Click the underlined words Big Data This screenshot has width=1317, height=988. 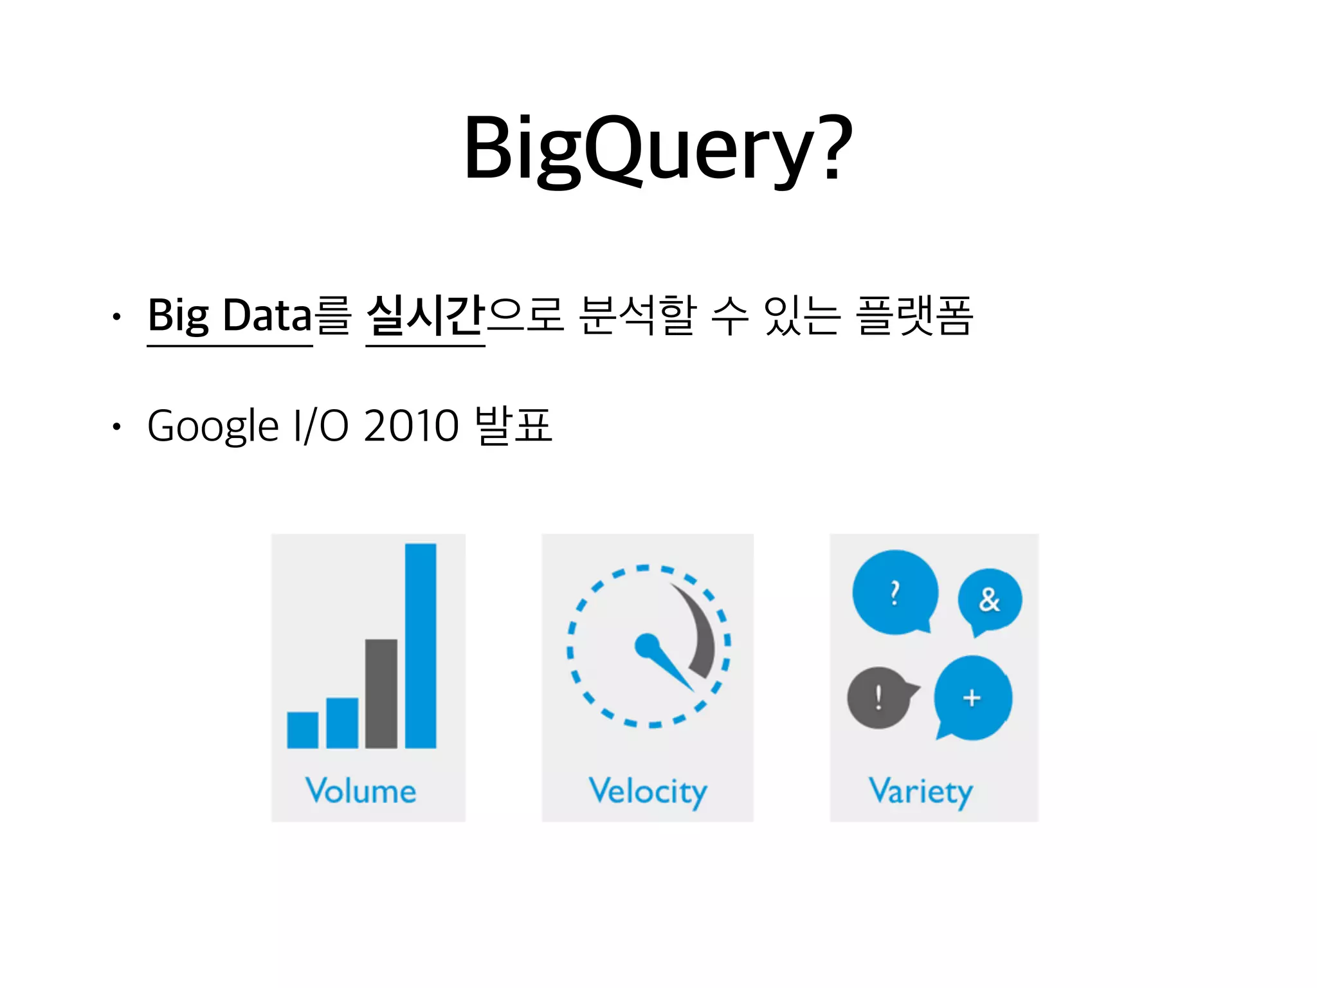coord(230,316)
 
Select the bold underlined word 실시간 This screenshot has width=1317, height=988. coord(424,316)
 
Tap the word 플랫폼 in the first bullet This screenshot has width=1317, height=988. coord(914,316)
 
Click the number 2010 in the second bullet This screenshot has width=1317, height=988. coord(411,425)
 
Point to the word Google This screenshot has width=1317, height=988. coord(213,426)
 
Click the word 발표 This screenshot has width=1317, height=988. coord(513,425)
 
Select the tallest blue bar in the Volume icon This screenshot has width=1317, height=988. coord(421,645)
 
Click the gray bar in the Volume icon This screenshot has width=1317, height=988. coord(381,693)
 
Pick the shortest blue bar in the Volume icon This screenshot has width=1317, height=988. coord(303,729)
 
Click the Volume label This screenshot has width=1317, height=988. coord(361,791)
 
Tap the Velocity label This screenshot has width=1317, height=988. coord(648,792)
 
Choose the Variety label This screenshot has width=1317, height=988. coord(920,792)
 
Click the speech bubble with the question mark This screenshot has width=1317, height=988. coord(895,592)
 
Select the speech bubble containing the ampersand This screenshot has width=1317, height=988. coord(990,600)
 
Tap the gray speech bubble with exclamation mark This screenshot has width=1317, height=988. coord(878,697)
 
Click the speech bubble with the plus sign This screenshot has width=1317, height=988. coord(972,698)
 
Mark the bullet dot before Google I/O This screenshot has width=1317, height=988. coord(116,426)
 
